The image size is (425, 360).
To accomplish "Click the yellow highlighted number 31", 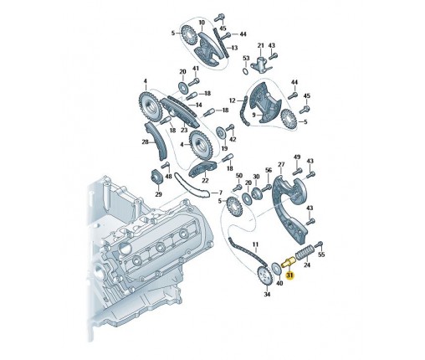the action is [x=290, y=275].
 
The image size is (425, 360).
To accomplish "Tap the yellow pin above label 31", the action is [x=288, y=263].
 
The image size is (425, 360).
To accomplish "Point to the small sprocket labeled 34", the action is [x=264, y=276].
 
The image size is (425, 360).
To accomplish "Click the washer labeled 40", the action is [x=277, y=268].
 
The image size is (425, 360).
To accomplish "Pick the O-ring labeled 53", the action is [x=245, y=71].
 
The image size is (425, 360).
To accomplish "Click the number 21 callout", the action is [x=260, y=45].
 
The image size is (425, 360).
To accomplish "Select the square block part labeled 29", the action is [x=156, y=177].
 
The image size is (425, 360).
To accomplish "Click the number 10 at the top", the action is [x=202, y=23].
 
